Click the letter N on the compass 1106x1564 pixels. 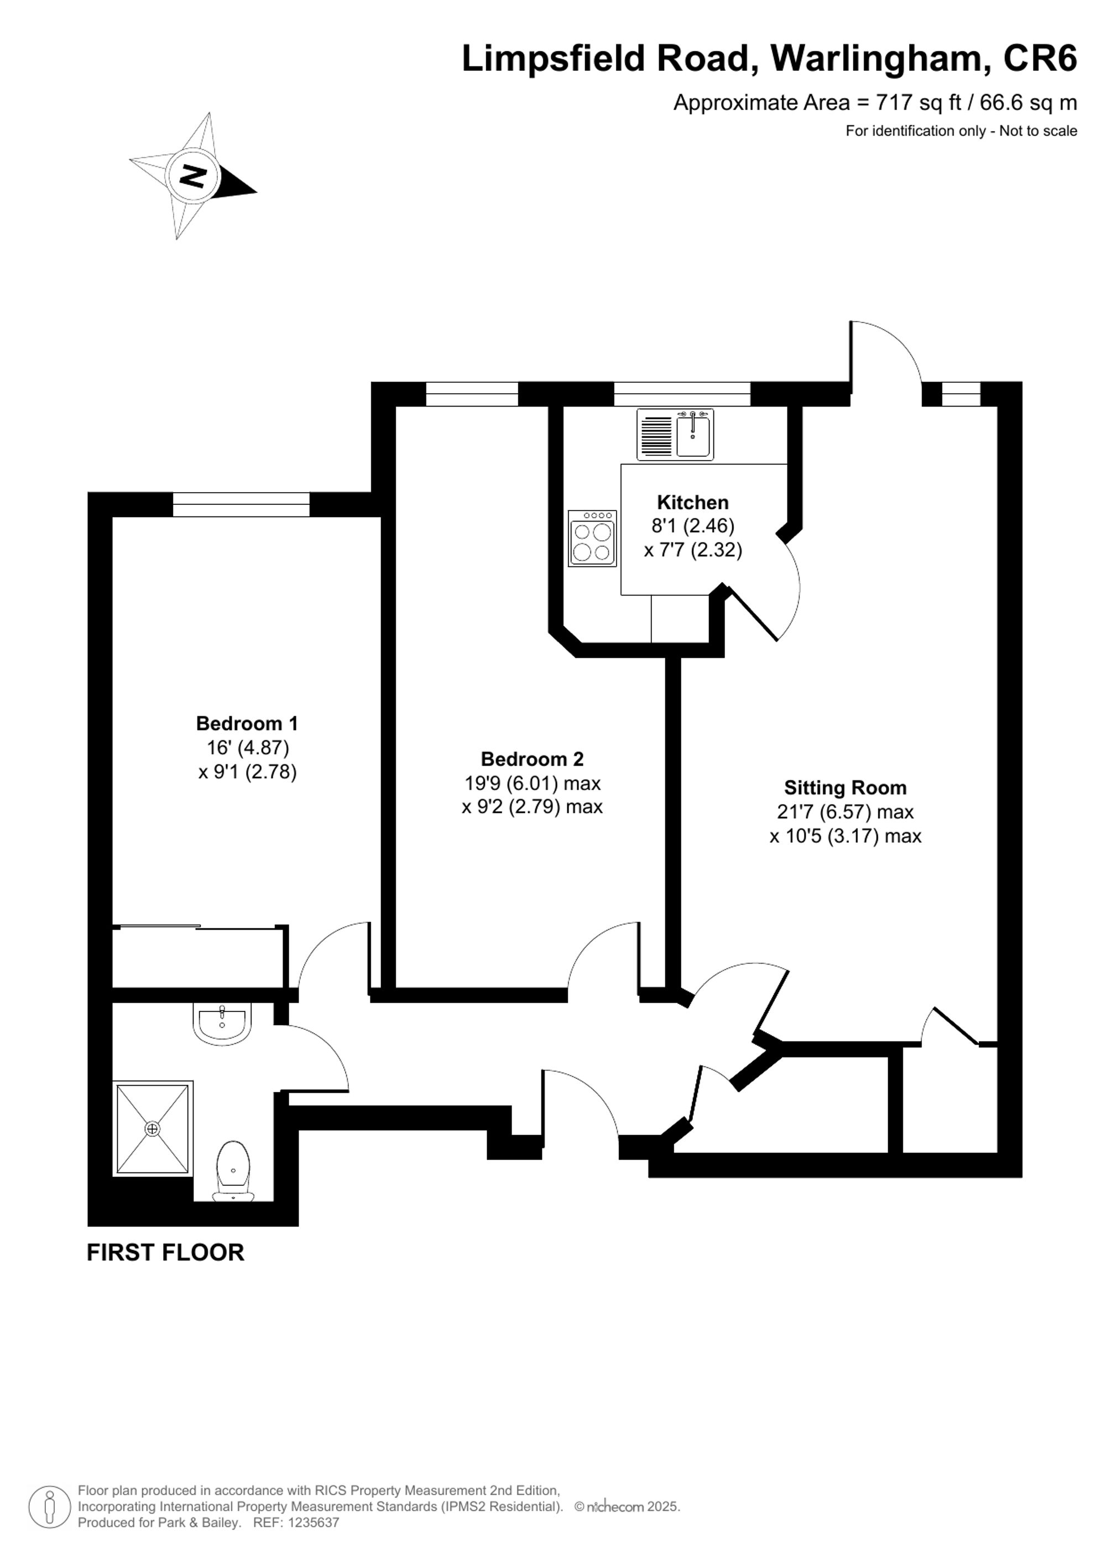193,176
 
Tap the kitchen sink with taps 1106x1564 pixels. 693,435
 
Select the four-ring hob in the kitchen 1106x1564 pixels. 592,538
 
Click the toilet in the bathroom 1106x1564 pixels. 233,1170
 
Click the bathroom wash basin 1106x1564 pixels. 222,1022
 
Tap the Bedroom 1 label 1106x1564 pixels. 247,723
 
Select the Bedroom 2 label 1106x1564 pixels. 532,758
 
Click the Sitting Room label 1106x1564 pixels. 844,788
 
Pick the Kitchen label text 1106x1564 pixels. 692,502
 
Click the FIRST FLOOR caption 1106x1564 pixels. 165,1252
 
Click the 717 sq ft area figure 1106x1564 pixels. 918,103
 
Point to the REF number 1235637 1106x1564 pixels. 314,1523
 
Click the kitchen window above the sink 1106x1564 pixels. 682,394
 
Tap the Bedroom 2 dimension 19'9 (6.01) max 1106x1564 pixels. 532,783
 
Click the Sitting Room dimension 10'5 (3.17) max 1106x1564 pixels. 844,836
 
